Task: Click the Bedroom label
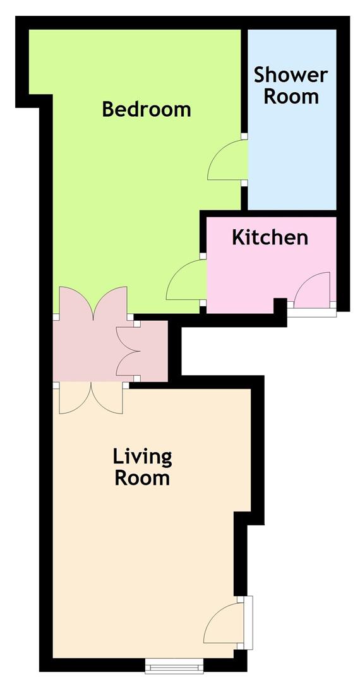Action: pos(146,109)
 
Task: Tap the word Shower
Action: pos(291,75)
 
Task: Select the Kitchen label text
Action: pos(270,237)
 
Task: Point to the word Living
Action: pos(142,458)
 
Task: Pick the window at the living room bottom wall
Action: pos(174,666)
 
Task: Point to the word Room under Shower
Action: pos(291,96)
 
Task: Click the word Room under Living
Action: pos(141,478)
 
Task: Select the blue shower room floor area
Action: pos(292,148)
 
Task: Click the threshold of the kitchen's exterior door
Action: pos(312,313)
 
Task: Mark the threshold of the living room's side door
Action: pos(248,623)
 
